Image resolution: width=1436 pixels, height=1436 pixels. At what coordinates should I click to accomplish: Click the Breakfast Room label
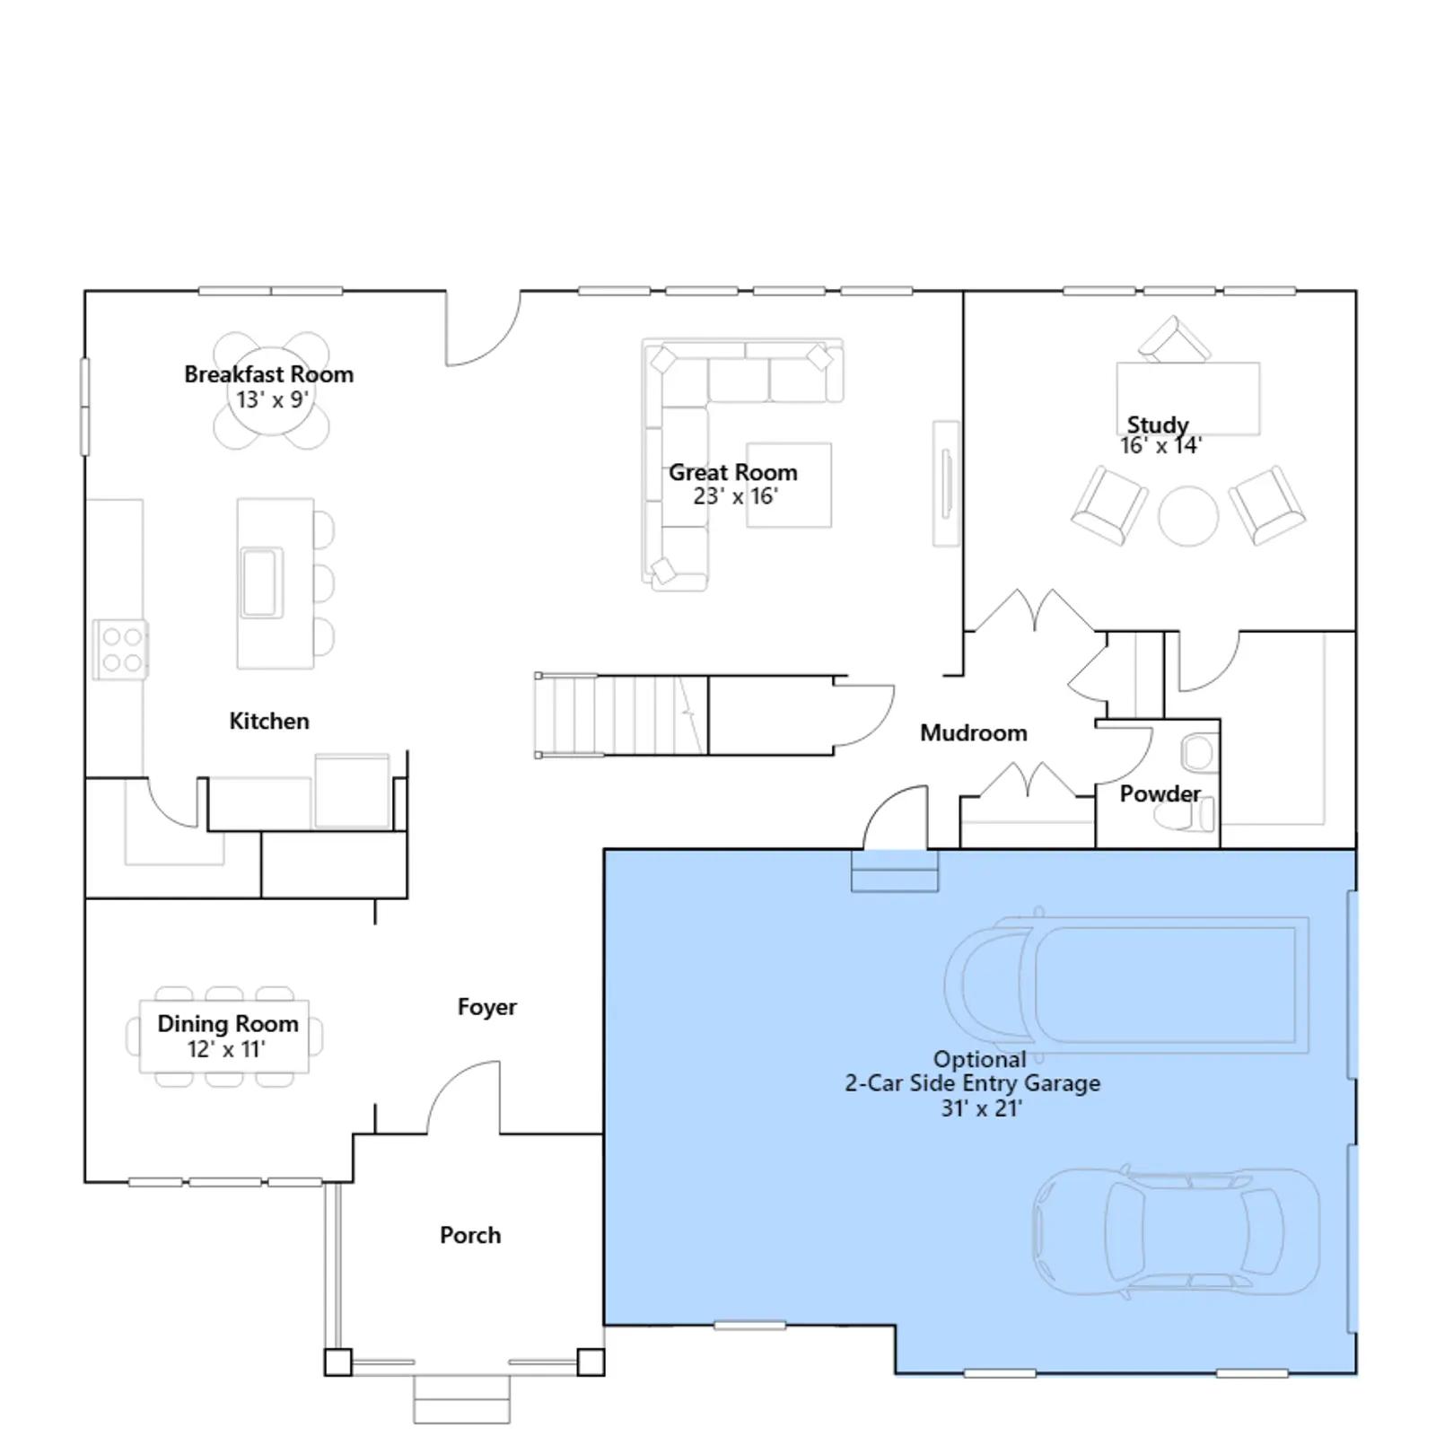[268, 374]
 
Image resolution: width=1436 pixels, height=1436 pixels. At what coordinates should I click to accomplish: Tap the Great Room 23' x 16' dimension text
[736, 496]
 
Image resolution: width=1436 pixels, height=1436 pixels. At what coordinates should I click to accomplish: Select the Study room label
[1158, 425]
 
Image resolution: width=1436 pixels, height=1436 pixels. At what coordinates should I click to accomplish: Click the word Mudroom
[974, 733]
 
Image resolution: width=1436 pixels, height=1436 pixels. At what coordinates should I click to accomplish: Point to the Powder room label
[1160, 794]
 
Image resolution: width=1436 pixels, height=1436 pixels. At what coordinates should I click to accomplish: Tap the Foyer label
[486, 1007]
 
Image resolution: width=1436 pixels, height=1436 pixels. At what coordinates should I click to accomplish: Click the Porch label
[470, 1235]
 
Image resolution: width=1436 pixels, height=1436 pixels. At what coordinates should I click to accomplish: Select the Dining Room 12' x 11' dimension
[226, 1049]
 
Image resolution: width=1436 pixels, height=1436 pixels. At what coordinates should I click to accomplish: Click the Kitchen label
[269, 721]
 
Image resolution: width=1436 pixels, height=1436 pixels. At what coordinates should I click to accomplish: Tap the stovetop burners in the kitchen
[121, 650]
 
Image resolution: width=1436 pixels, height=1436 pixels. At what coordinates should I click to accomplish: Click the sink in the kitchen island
[260, 582]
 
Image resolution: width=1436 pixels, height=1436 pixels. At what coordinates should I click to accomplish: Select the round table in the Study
[1188, 516]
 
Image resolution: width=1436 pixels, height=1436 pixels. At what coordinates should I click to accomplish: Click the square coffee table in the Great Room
[789, 486]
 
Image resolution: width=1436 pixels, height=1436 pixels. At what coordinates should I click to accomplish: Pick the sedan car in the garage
[1176, 1231]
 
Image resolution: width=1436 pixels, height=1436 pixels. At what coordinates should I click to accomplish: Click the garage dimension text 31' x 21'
[982, 1108]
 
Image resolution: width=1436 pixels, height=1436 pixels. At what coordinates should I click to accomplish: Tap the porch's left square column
[338, 1362]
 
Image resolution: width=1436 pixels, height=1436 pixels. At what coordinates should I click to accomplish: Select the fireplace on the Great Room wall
[946, 484]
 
